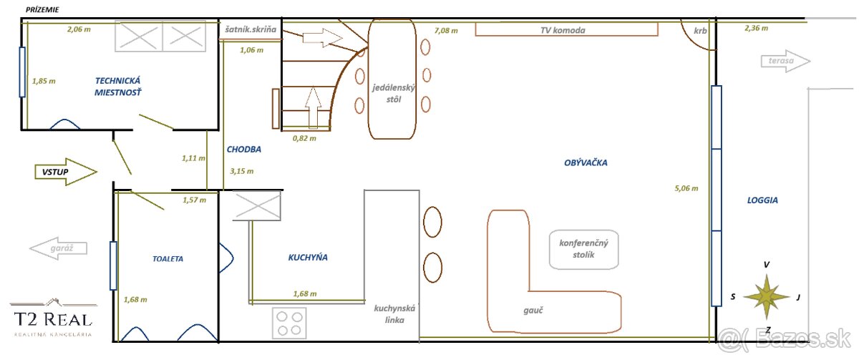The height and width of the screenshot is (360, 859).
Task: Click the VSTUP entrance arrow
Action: coord(66,172)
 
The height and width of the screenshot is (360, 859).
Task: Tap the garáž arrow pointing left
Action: coord(58,248)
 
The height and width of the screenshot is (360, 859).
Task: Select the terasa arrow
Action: coord(785,61)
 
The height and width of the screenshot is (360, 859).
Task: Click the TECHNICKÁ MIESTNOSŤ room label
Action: coord(117,87)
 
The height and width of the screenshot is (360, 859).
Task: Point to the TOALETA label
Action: coord(168,259)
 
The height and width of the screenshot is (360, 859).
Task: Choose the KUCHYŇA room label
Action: coord(308,257)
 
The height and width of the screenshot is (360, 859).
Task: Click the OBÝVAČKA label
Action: coord(586,162)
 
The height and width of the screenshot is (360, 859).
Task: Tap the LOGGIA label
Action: coord(762,200)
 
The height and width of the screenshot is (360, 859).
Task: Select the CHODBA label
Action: coord(244,149)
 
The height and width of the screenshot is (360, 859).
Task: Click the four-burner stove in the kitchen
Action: coord(289,323)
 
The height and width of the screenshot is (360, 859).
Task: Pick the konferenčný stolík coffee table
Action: coord(583,249)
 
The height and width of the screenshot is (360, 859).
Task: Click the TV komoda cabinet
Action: coord(566,29)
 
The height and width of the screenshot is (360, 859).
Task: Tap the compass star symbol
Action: coord(767,297)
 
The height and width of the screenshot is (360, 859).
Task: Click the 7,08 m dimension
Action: coord(446,31)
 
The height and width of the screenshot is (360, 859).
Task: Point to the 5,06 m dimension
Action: coord(686,188)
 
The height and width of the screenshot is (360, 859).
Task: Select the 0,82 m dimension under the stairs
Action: coord(304,138)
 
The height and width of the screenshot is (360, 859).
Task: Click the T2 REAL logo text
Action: coord(53,319)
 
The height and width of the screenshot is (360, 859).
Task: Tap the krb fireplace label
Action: coord(700,31)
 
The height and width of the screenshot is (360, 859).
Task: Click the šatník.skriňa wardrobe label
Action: coord(251,29)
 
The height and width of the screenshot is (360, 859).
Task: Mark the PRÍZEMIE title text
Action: coord(42,9)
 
